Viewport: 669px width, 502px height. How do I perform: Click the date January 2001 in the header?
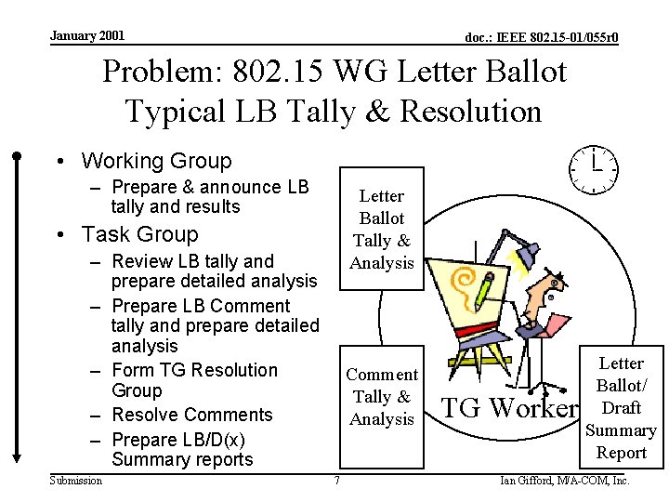tap(86, 36)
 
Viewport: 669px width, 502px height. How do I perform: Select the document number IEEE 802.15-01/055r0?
tap(542, 38)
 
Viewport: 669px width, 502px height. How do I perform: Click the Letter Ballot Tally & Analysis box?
tap(381, 230)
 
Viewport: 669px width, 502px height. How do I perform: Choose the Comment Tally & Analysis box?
tap(381, 397)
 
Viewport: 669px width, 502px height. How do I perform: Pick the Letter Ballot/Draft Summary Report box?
tap(621, 407)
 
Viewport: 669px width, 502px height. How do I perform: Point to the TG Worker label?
tap(508, 408)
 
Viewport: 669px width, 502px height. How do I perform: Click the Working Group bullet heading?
tap(155, 161)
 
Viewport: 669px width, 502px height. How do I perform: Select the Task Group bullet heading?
tap(139, 234)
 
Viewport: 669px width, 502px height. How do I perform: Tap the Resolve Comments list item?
tap(191, 415)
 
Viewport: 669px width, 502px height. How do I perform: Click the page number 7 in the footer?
tap(336, 481)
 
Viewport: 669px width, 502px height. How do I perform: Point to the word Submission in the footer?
tap(76, 481)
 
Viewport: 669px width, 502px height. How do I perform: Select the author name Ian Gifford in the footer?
tap(565, 481)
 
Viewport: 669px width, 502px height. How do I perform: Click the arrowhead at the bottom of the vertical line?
tap(17, 456)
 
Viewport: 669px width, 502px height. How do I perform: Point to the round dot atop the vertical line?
tap(17, 155)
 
